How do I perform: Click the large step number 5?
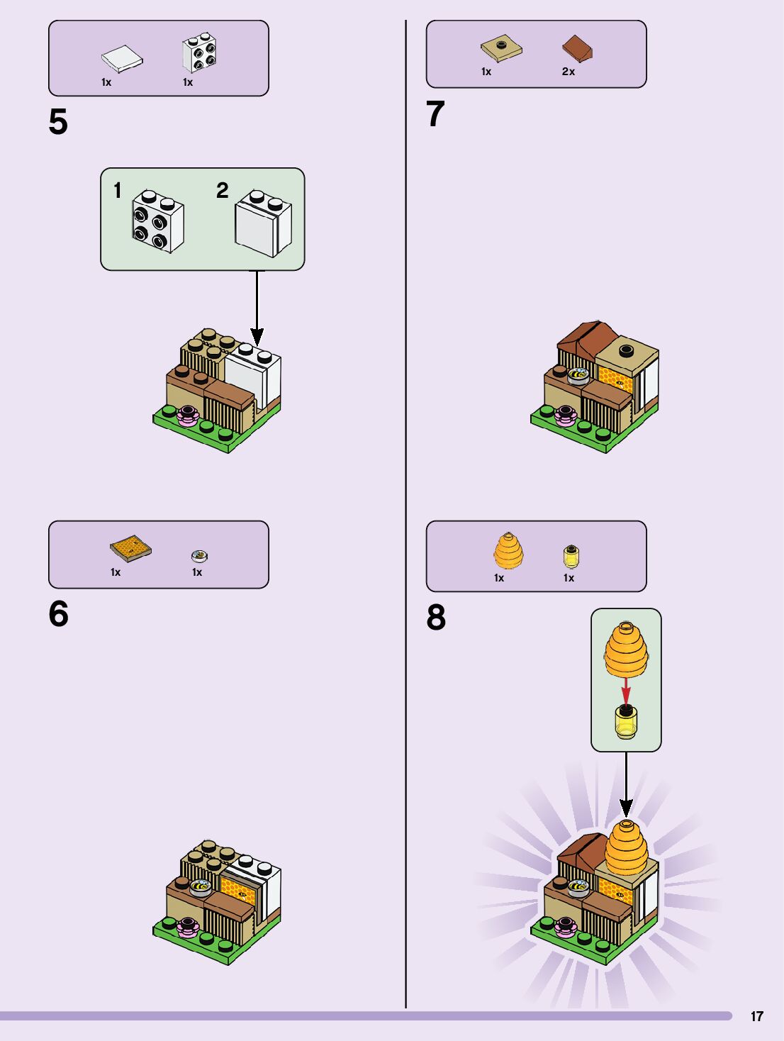(x=58, y=123)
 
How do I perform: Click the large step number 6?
(x=58, y=614)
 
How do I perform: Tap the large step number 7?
(x=435, y=114)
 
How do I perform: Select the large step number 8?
(x=436, y=618)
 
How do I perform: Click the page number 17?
(x=757, y=1016)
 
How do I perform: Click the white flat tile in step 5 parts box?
(x=122, y=59)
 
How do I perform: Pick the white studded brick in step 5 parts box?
(x=199, y=52)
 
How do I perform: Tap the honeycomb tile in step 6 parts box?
(x=130, y=549)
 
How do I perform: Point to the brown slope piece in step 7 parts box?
(x=578, y=48)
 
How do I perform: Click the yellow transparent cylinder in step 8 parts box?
(x=571, y=557)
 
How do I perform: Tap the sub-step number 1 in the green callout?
(x=118, y=191)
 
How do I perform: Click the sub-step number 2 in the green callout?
(x=223, y=190)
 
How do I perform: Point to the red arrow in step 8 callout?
(x=626, y=691)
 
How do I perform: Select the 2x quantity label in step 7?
(x=569, y=72)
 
